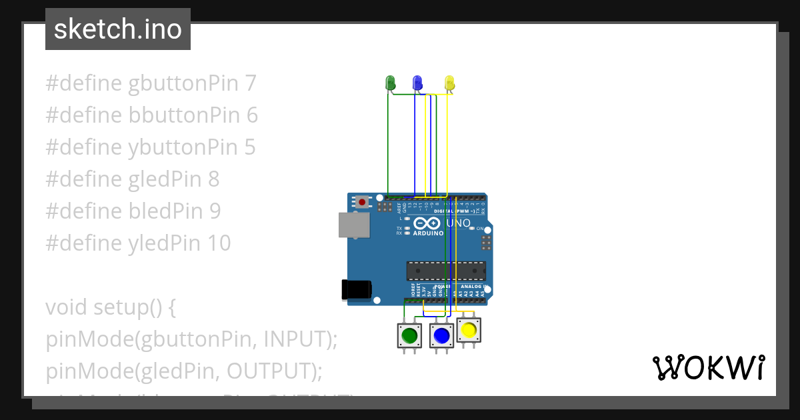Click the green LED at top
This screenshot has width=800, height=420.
click(391, 83)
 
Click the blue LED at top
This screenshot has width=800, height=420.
click(417, 83)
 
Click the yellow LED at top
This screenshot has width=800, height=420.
click(449, 83)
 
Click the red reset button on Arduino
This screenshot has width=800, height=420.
click(362, 201)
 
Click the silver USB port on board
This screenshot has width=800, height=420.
click(354, 225)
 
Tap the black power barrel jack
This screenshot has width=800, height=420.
click(356, 289)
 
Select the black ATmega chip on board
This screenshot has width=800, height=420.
click(446, 271)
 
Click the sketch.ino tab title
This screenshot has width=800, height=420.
click(118, 29)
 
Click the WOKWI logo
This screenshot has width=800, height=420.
click(707, 367)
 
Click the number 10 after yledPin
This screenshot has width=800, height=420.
click(217, 243)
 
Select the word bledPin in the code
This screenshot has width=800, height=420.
click(167, 211)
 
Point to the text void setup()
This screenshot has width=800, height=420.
click(110, 307)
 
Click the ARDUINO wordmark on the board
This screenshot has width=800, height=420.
click(428, 234)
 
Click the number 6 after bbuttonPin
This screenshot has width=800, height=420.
click(251, 115)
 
